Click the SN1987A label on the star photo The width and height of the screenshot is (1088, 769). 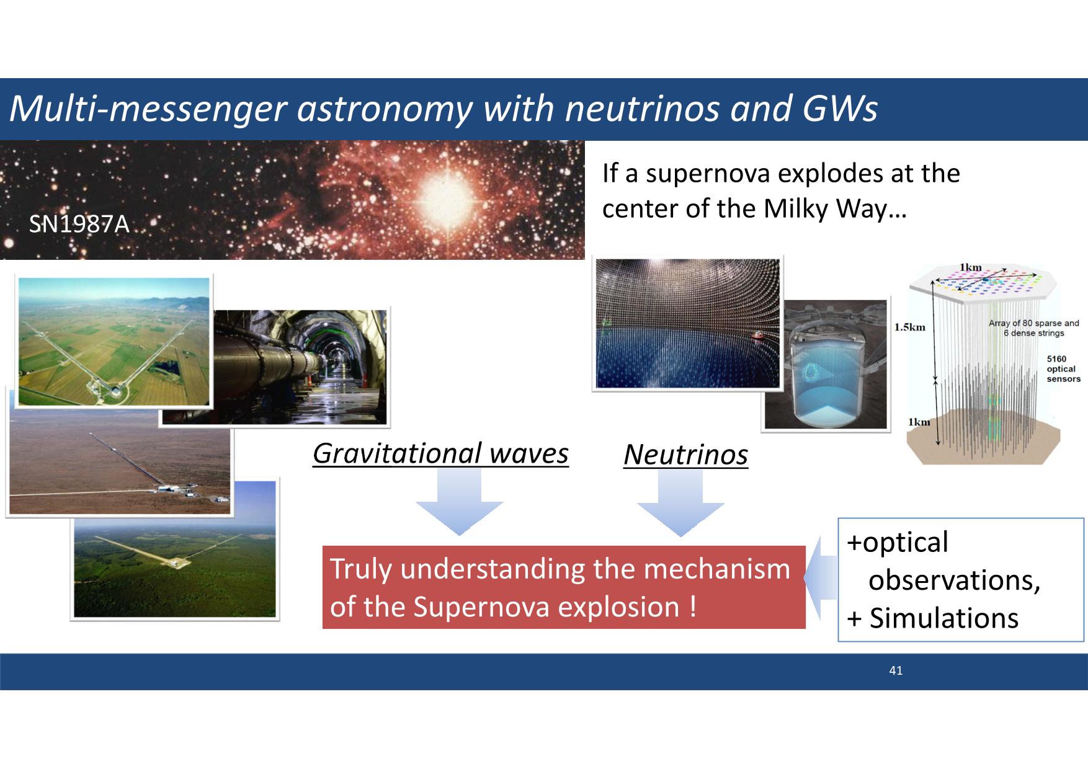click(x=79, y=224)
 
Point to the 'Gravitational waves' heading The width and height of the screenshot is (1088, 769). click(x=440, y=453)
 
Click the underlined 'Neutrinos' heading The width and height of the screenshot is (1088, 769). click(x=685, y=455)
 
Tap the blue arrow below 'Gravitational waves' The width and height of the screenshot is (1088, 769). click(x=459, y=501)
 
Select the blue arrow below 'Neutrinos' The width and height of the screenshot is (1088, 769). click(x=680, y=502)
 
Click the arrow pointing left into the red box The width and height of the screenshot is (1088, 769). click(x=820, y=578)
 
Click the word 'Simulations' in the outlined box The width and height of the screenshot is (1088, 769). click(x=943, y=618)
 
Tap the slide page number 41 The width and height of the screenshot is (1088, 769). click(x=896, y=670)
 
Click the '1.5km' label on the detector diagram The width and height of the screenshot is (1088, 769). click(x=910, y=327)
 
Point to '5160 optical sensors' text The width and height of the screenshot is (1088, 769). click(x=1063, y=369)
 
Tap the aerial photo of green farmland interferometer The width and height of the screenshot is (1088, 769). click(x=115, y=341)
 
